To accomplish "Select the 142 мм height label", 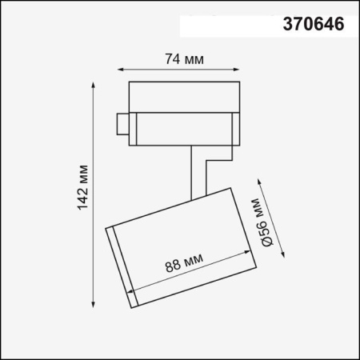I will (x=83, y=190).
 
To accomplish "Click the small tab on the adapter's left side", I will (x=122, y=125).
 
